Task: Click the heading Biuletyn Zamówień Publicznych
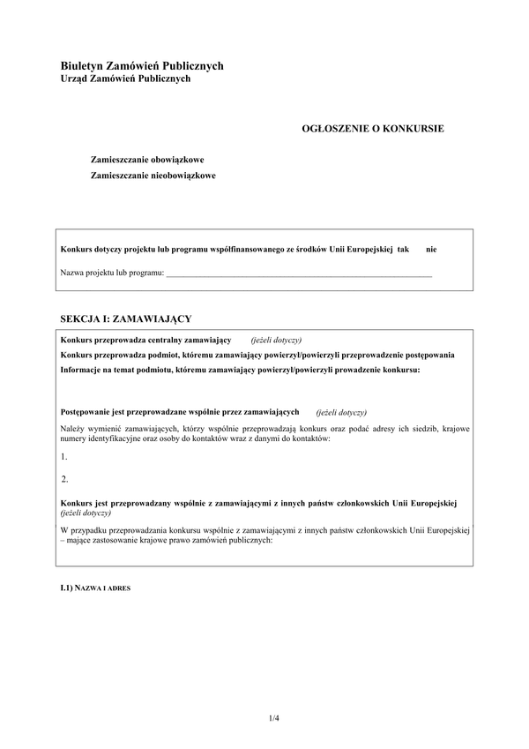(142, 65)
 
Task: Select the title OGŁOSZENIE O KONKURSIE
(373, 128)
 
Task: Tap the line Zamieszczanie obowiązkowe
(147, 160)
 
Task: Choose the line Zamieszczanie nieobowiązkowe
(153, 175)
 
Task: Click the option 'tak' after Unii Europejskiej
(404, 250)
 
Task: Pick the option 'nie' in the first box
(431, 250)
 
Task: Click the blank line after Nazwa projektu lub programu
(300, 273)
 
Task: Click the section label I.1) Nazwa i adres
(96, 587)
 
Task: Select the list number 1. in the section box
(64, 456)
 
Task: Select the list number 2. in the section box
(64, 479)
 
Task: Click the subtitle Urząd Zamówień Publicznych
(125, 79)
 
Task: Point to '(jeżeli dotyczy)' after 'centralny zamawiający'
(276, 340)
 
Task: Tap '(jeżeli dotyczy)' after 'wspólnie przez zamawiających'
(341, 412)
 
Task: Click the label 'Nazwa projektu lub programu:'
(112, 273)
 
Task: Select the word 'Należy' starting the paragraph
(73, 428)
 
